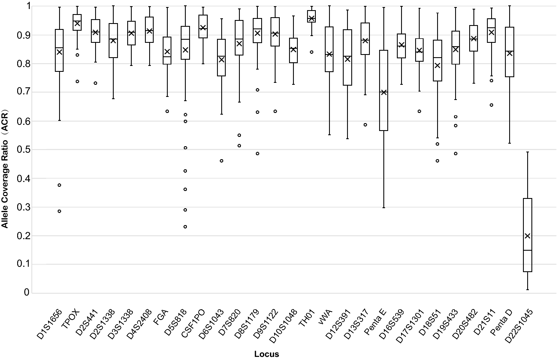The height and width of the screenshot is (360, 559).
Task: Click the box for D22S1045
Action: pos(527,235)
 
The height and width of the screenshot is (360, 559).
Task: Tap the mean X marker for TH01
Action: pos(311,19)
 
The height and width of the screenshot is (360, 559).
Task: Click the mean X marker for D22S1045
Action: pos(527,236)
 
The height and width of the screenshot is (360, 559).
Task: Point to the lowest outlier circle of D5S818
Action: pos(185,227)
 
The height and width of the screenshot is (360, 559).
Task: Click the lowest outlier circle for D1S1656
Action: pos(59,211)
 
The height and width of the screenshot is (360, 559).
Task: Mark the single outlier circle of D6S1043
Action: pos(222,161)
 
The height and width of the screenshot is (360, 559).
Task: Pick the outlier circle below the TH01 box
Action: pos(312,52)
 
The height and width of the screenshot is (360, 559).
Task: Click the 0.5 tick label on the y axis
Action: pos(23,150)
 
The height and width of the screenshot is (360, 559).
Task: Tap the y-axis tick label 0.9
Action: pos(23,35)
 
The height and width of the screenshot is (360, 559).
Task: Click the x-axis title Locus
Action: pos(266,354)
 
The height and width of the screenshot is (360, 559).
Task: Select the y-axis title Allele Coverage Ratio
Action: pos(5,168)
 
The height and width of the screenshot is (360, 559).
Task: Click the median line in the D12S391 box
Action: pos(347,56)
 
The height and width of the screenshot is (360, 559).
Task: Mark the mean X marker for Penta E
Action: pos(384,92)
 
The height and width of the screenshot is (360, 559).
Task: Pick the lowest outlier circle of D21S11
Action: pos(491,105)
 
